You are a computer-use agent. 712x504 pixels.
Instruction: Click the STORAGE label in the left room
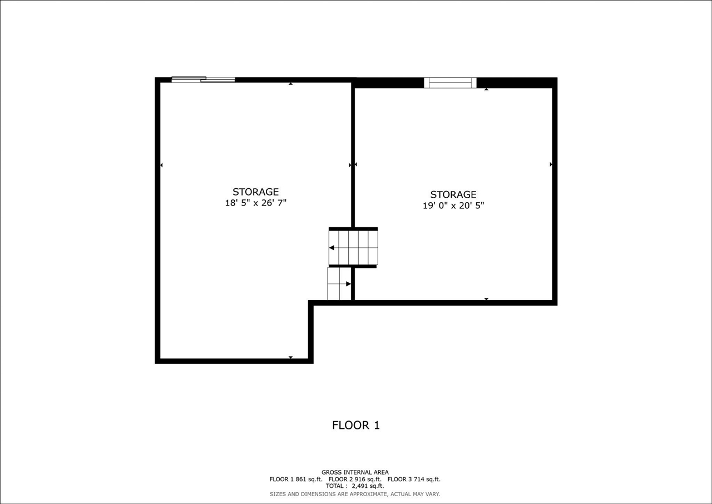(x=255, y=192)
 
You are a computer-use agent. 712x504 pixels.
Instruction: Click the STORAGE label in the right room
(x=453, y=194)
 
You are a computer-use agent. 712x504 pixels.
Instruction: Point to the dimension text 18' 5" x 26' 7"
(x=255, y=203)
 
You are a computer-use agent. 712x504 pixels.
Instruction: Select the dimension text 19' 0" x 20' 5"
(x=453, y=205)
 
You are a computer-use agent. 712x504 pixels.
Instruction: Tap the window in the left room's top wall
(x=203, y=80)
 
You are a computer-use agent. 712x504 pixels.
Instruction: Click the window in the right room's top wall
(x=450, y=83)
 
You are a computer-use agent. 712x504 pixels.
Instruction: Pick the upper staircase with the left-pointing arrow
(x=353, y=247)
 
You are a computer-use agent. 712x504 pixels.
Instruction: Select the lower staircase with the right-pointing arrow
(x=339, y=284)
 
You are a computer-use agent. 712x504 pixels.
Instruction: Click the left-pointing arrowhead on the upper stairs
(x=332, y=247)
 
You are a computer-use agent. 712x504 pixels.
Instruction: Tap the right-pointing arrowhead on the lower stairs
(x=348, y=284)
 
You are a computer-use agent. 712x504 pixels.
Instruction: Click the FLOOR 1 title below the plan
(x=356, y=425)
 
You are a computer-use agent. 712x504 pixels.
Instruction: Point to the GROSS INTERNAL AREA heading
(x=355, y=472)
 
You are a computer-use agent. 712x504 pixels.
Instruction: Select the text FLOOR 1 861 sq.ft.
(x=296, y=479)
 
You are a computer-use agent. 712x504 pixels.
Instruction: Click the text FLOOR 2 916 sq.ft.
(x=355, y=479)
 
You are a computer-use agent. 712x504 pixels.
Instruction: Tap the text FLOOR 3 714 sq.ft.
(x=414, y=479)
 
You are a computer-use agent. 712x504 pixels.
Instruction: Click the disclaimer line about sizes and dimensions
(x=355, y=494)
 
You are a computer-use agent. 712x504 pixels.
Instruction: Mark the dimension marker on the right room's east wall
(x=551, y=164)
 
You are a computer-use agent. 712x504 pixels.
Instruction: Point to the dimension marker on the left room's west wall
(x=161, y=165)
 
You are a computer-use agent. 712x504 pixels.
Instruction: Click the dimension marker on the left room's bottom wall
(x=290, y=357)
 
